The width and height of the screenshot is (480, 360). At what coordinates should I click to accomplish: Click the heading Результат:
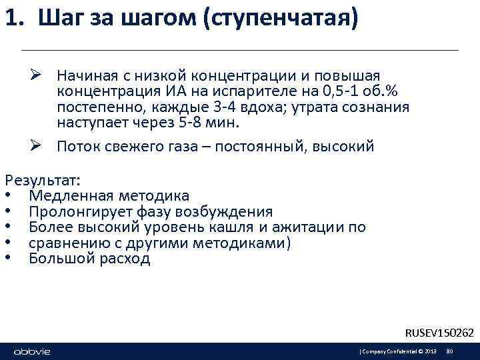tap(43, 180)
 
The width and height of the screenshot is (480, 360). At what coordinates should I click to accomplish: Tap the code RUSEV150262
tap(439, 332)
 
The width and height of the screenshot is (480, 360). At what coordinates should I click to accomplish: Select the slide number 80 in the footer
tap(449, 351)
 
